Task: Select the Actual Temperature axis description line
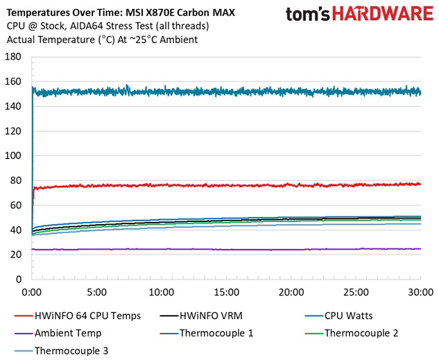coord(101,40)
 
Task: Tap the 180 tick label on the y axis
coord(13,56)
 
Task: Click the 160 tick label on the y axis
coord(13,81)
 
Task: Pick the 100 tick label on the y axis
coord(13,155)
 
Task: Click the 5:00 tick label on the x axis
coord(97,292)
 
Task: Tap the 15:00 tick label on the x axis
coord(227,292)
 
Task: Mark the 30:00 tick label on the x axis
coord(420,292)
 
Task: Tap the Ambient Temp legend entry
coord(67,333)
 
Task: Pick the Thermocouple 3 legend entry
coord(70,350)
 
